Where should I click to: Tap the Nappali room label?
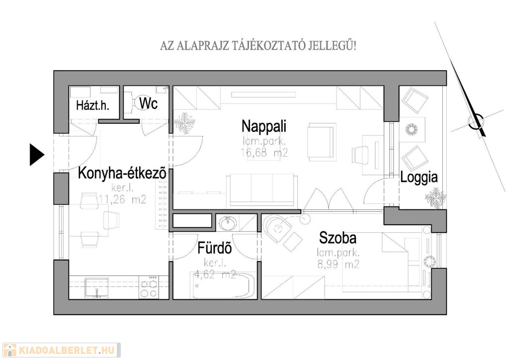[264, 126]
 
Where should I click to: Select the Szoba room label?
[338, 238]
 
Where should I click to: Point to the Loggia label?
[419, 177]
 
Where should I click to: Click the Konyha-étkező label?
[122, 174]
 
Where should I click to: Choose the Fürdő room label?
[215, 248]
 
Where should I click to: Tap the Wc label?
[148, 103]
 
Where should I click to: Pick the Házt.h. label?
[92, 105]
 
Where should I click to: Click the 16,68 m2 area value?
[264, 152]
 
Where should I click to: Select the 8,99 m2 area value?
[338, 265]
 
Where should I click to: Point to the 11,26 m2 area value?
[122, 199]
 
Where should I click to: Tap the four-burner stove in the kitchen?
[149, 287]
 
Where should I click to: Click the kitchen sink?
[96, 288]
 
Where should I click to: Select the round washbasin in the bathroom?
[228, 223]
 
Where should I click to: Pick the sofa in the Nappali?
[262, 191]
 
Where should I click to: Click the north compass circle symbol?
[476, 122]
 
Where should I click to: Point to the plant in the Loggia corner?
[435, 198]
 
